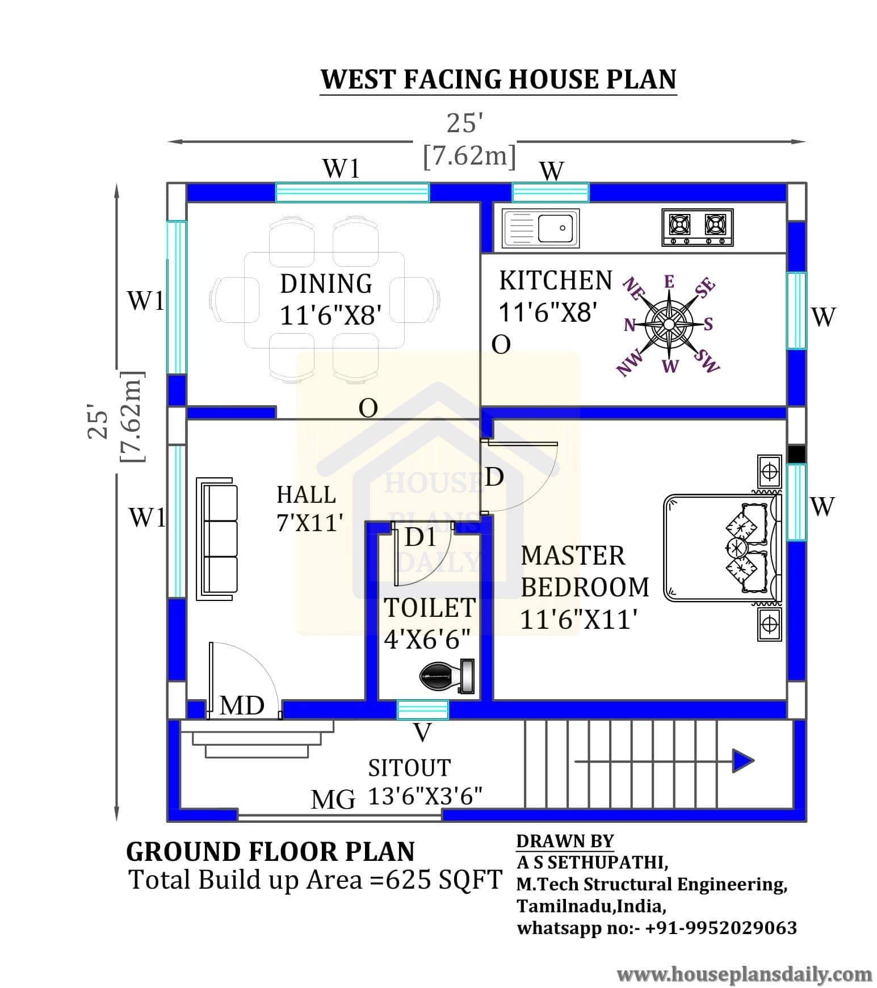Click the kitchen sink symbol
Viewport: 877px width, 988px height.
(540, 228)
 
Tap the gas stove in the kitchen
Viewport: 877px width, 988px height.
(697, 227)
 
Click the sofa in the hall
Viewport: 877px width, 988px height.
(217, 539)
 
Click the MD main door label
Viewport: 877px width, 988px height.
(242, 705)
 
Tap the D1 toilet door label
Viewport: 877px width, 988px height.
(421, 537)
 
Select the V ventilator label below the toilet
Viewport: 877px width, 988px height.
(422, 733)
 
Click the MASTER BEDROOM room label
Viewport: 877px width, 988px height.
(585, 571)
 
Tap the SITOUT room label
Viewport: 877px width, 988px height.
(409, 768)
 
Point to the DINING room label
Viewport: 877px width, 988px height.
(326, 283)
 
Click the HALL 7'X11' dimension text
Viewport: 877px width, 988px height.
(310, 523)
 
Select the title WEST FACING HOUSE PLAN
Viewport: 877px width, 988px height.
(498, 79)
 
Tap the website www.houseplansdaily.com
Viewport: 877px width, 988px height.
(744, 975)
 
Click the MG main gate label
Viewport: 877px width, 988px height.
(333, 800)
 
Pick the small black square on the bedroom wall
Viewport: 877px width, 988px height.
(797, 454)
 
